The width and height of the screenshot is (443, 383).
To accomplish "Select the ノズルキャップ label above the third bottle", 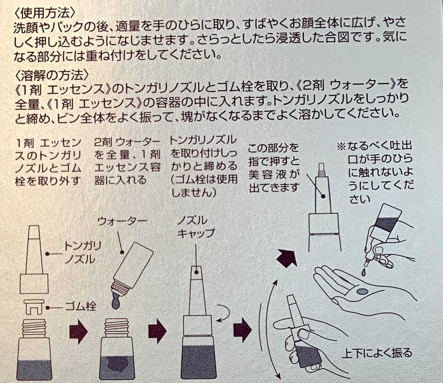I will coord(196,227).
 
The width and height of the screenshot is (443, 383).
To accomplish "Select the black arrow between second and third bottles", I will coord(158,328).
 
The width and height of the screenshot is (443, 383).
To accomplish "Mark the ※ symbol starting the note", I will coord(342,147).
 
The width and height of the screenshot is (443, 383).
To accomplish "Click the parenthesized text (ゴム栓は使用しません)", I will coord(204,186).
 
